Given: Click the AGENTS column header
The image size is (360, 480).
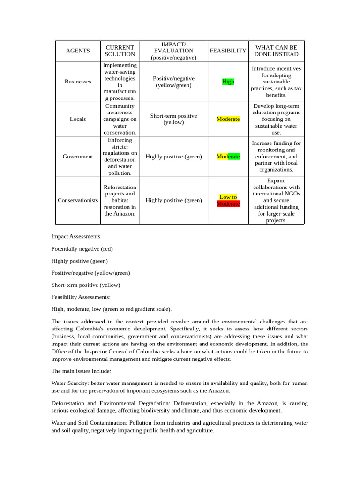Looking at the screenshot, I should pyautogui.click(x=78, y=51).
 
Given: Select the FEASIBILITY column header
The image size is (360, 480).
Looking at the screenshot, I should pyautogui.click(x=228, y=51).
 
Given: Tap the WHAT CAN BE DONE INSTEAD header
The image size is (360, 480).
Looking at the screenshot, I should pyautogui.click(x=276, y=51).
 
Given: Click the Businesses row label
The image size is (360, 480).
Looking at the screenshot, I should pyautogui.click(x=78, y=82).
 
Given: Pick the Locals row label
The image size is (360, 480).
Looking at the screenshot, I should pyautogui.click(x=78, y=119).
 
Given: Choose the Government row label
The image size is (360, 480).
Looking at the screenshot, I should pyautogui.click(x=78, y=157).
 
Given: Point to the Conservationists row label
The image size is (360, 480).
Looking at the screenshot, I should pyautogui.click(x=78, y=200).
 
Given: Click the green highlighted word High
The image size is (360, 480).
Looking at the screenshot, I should pyautogui.click(x=228, y=82).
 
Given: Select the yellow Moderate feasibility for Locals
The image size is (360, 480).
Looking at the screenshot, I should pyautogui.click(x=228, y=119).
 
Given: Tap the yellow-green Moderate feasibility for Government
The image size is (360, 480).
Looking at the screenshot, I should pyautogui.click(x=228, y=157).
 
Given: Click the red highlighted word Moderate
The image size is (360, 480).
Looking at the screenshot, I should pyautogui.click(x=228, y=204).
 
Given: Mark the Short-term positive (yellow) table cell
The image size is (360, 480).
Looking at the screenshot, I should pyautogui.click(x=173, y=119).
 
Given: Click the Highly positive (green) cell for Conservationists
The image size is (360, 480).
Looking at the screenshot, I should pyautogui.click(x=173, y=200).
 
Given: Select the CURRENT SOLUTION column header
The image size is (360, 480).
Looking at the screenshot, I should pyautogui.click(x=120, y=51).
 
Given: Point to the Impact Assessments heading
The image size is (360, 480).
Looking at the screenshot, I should pyautogui.click(x=75, y=237).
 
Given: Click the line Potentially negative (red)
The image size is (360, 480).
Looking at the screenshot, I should pyautogui.click(x=82, y=249).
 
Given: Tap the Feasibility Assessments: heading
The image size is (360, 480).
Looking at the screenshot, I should pyautogui.click(x=81, y=297).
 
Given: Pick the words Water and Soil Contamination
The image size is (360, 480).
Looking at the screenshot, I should pyautogui.click(x=88, y=423).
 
